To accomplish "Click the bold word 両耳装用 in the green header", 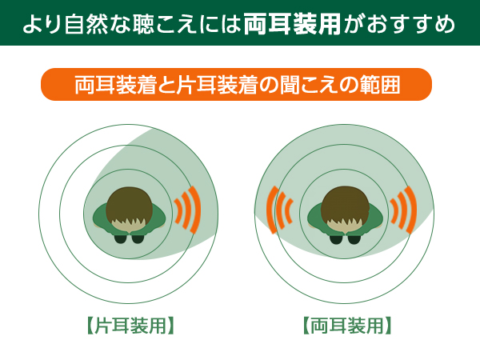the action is pos(292,24).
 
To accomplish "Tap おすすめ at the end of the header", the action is pos(411,24).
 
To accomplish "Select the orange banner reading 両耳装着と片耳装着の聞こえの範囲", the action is pos(236,84).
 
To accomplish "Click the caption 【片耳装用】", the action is pos(130,326).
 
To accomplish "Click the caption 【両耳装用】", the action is pos(347,326).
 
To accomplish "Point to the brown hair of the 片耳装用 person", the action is pos(129,205).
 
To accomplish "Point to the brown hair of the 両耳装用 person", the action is pos(345,205).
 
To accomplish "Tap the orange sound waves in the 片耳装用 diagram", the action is pos(187,210).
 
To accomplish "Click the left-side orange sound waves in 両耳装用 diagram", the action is pos(279,210).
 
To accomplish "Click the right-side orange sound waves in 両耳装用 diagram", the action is pos(403,210).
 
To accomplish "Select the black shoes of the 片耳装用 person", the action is pos(128,238).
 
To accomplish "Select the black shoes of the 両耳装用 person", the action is pos(344,238).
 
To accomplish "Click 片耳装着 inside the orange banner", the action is pos(216,85).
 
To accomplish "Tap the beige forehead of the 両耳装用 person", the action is pos(345,226).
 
